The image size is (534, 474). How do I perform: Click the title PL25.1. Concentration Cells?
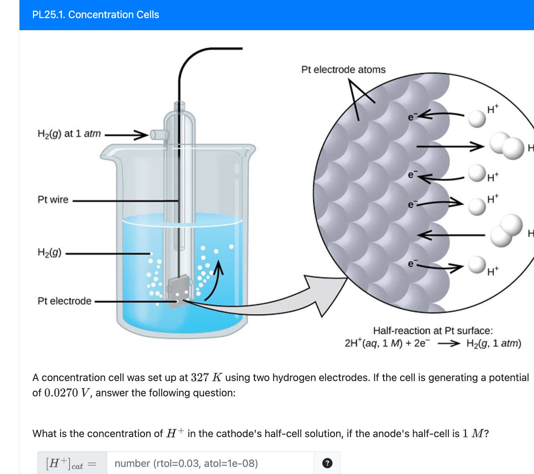coord(95,15)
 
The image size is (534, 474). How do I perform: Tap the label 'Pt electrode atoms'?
coord(343,70)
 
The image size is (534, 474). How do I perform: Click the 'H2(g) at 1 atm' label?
coord(69,134)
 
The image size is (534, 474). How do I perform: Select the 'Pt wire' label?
coord(53,199)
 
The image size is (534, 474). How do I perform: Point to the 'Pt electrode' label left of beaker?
coord(65,301)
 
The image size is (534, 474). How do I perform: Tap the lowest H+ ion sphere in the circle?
coord(477,265)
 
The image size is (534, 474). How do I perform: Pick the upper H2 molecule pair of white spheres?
coord(506,145)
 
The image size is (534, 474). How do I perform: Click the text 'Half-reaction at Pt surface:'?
coord(433,331)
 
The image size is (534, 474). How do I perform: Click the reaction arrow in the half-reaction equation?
coord(449,343)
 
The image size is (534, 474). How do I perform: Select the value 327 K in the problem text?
coord(206,377)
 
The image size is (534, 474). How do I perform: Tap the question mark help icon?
coord(327,463)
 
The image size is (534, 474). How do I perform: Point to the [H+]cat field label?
coord(71,463)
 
